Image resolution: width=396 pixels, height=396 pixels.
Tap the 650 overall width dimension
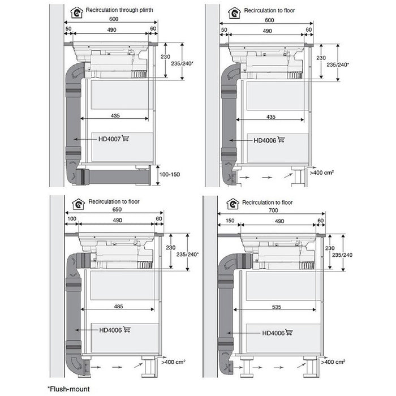tap(117, 209)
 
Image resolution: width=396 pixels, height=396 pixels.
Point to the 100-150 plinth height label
tap(169, 174)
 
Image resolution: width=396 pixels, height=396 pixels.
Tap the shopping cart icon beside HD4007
tap(125, 139)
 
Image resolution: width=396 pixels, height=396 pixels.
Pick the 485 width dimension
tap(118, 305)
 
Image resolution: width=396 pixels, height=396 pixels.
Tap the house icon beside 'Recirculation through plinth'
tap(76, 11)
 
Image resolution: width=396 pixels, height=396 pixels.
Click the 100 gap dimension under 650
tap(71, 219)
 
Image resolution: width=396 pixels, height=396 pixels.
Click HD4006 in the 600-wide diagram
tap(264, 140)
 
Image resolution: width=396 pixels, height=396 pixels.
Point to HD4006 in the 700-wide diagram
tap(273, 333)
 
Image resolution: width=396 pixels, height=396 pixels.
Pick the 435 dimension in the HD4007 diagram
tap(115, 115)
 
